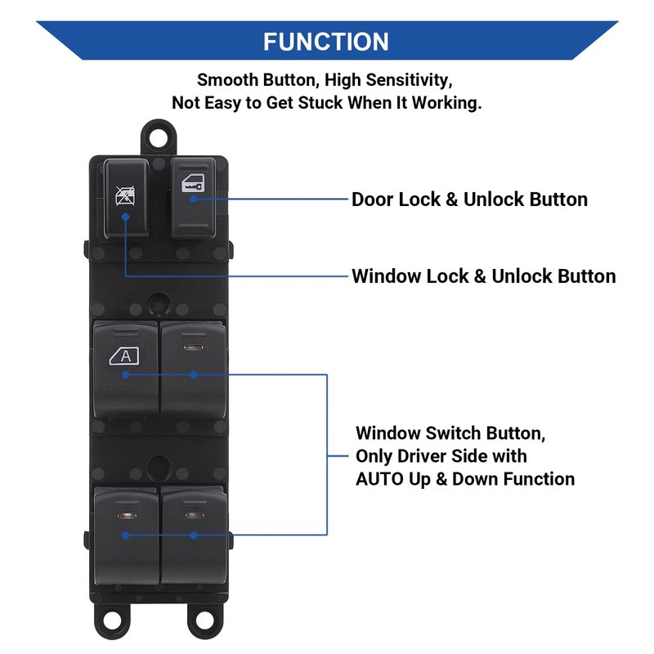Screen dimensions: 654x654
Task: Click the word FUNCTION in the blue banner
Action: (x=326, y=42)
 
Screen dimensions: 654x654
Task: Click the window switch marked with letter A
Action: (x=125, y=368)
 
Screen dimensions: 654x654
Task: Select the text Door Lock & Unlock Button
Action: (x=469, y=199)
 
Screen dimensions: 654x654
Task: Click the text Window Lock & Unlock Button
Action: (x=483, y=276)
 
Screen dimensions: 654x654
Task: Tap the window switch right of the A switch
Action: (x=194, y=368)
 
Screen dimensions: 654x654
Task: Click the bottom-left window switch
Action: (x=126, y=535)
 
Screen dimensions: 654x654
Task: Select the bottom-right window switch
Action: (x=194, y=535)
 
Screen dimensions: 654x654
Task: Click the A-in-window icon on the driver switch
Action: (x=124, y=356)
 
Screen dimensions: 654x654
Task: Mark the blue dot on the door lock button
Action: (x=194, y=199)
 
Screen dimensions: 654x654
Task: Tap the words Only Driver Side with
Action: (x=441, y=456)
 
